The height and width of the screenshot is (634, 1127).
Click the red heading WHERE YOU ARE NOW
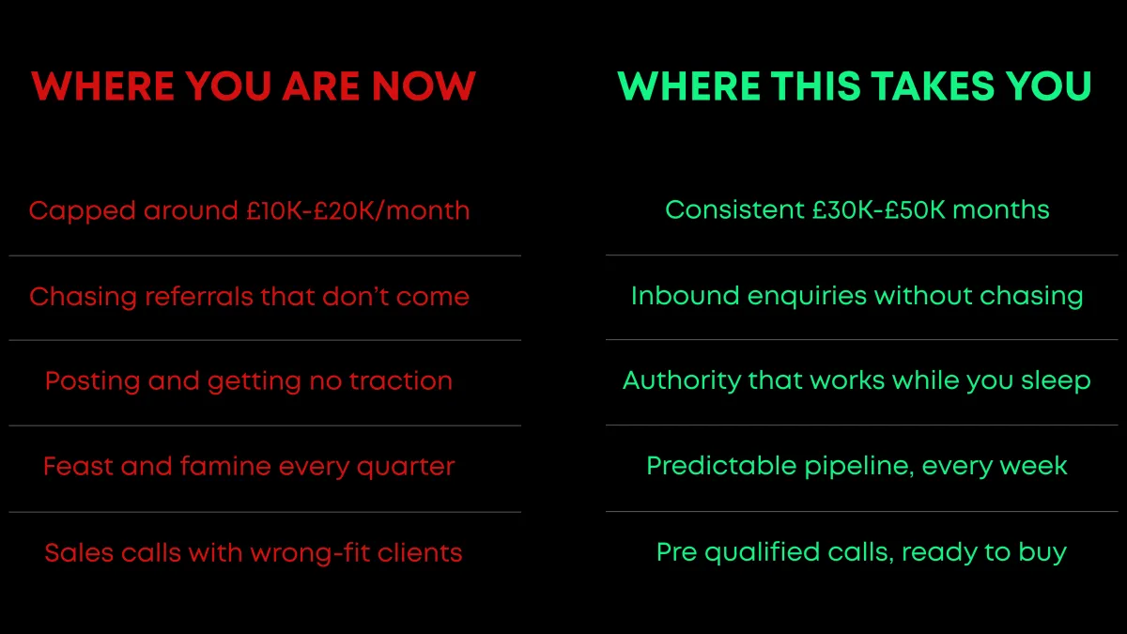click(x=253, y=86)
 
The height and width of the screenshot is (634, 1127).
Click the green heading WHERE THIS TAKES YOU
click(x=855, y=86)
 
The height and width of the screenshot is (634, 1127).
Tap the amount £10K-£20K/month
click(x=358, y=210)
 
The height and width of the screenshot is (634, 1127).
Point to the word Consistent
click(x=734, y=209)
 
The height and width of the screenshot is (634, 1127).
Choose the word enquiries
click(x=807, y=297)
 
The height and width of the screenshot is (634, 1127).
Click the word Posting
click(x=92, y=382)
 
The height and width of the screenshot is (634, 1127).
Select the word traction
click(x=401, y=381)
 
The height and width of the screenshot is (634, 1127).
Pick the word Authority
click(x=682, y=381)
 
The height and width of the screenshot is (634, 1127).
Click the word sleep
click(x=1056, y=381)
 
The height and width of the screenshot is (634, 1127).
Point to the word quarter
click(x=406, y=468)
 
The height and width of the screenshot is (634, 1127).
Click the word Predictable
click(x=721, y=466)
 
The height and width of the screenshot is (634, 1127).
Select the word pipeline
click(x=858, y=467)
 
